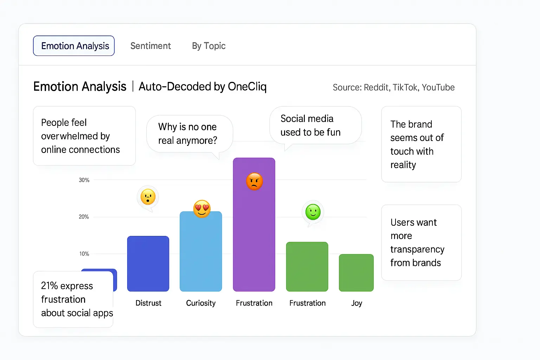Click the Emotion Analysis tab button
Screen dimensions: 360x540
pos(74,46)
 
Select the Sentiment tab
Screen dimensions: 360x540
pos(150,46)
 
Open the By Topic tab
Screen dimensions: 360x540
pos(208,46)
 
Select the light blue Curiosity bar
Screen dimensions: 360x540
pos(201,253)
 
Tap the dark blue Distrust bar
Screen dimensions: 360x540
pos(148,264)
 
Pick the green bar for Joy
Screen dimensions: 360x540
pos(356,273)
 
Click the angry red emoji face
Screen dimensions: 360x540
pos(255,181)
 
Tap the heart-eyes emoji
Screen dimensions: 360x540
pos(202,209)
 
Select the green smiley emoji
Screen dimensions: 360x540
pos(313,212)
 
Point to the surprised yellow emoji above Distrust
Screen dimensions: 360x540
pos(148,197)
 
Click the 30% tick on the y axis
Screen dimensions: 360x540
pos(84,180)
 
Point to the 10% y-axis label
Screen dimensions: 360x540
pos(84,254)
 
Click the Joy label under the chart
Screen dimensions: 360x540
pos(356,303)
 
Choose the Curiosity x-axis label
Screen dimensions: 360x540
pos(201,303)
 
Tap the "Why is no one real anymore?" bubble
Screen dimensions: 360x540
pos(189,134)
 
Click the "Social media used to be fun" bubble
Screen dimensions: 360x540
pos(315,126)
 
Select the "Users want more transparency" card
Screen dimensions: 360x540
pos(421,243)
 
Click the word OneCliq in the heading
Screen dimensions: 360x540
pos(247,86)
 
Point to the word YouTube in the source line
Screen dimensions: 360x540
pos(438,88)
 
